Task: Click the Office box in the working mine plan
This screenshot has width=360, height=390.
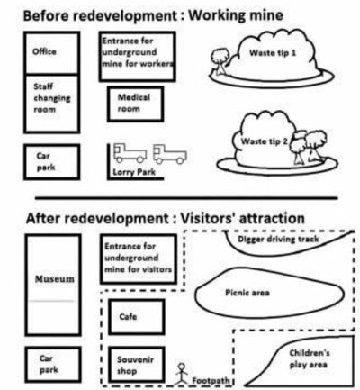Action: [x=52, y=52]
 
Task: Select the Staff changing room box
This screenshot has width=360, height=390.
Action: [x=52, y=104]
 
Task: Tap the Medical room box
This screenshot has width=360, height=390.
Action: [x=136, y=104]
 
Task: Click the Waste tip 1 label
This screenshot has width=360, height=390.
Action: [x=273, y=53]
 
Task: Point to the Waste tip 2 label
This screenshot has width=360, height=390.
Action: [x=265, y=141]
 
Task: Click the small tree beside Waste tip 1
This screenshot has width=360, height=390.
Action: [x=220, y=61]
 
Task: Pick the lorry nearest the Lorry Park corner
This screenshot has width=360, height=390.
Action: [x=130, y=153]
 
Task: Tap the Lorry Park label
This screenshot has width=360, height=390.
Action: [x=134, y=172]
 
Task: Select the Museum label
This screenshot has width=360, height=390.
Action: [x=54, y=279]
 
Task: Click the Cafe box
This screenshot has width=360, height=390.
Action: [x=137, y=317]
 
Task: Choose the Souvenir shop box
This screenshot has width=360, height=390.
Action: [x=137, y=365]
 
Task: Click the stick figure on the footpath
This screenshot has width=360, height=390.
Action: [x=181, y=374]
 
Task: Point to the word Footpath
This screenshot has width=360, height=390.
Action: [x=211, y=381]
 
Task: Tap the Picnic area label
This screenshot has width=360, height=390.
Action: [x=247, y=293]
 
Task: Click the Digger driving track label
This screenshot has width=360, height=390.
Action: [x=278, y=240]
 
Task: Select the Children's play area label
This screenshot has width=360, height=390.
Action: [x=309, y=358]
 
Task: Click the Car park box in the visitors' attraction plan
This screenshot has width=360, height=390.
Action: [x=53, y=364]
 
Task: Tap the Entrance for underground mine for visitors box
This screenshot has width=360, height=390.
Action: [x=139, y=259]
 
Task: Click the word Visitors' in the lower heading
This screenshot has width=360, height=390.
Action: [x=208, y=218]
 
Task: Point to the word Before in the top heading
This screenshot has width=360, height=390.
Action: [x=45, y=15]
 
